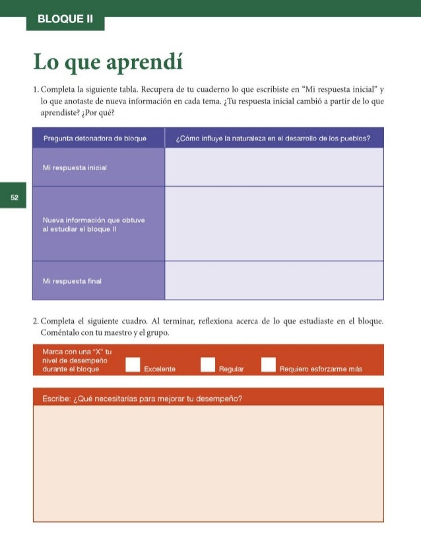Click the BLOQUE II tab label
point(65,19)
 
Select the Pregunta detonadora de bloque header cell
point(95,139)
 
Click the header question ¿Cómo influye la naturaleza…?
point(272,139)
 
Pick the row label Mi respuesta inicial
point(75,168)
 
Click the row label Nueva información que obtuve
point(93,223)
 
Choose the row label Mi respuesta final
point(72,281)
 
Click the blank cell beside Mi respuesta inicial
point(274,167)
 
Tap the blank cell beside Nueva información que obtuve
point(274,224)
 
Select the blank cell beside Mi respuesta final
point(274,280)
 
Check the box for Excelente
point(133,364)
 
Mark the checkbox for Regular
point(208,364)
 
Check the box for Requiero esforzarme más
point(268,364)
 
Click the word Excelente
point(160,369)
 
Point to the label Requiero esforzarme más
point(321,369)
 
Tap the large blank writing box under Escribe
point(208,462)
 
